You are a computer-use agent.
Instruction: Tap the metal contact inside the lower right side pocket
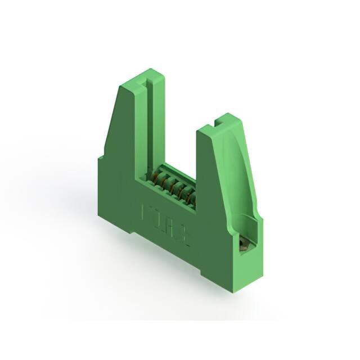[x=244, y=243]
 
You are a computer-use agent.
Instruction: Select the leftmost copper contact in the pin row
[x=151, y=175]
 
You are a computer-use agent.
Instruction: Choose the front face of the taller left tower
[x=127, y=135]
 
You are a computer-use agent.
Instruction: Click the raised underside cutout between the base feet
[x=169, y=247]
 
